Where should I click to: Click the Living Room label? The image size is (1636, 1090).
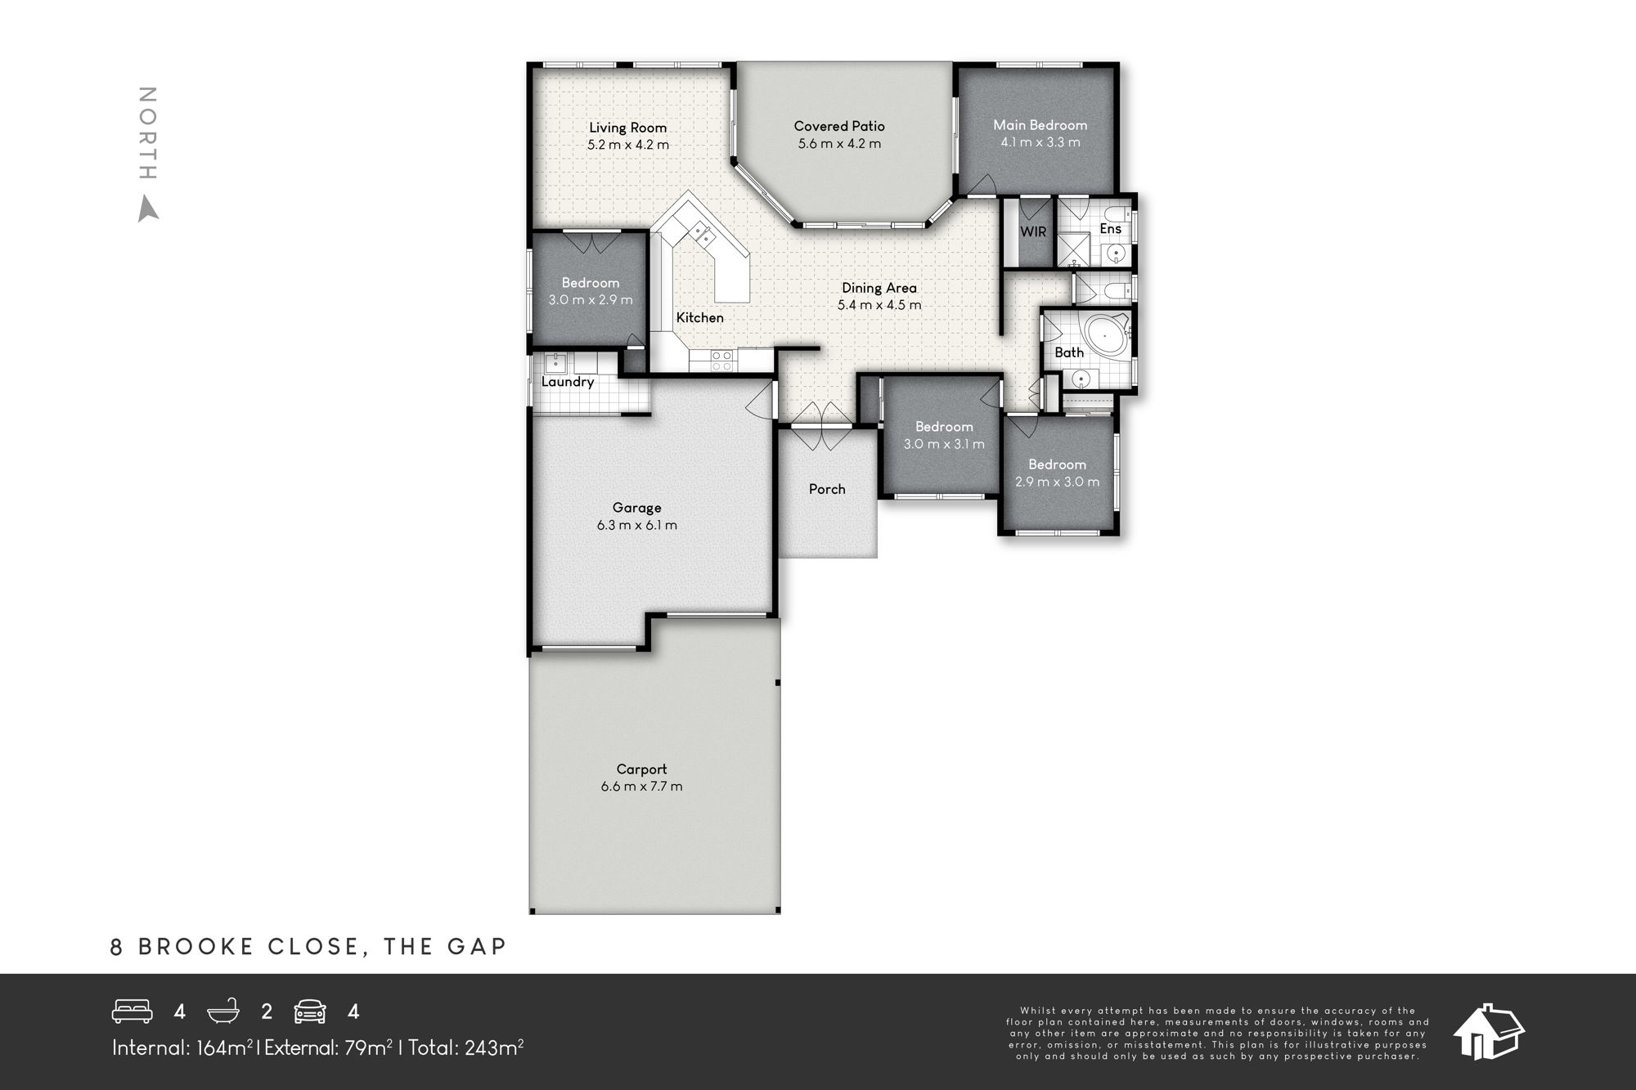coord(628,128)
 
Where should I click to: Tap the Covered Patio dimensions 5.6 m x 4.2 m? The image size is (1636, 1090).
coord(839,144)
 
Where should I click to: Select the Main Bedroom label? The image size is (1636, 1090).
coord(1040,125)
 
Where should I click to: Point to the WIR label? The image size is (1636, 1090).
coord(1033,231)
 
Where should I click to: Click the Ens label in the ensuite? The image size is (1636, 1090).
coord(1110,229)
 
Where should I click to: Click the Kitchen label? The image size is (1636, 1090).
coord(699,317)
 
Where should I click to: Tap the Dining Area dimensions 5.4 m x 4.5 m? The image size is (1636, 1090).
coord(879,305)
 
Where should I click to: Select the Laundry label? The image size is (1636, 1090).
coord(568,382)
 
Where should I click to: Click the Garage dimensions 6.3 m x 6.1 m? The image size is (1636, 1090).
coord(637,525)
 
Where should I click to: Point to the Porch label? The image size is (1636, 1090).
coord(827,489)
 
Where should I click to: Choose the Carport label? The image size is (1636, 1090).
coord(642,769)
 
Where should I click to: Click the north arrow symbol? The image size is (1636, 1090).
coord(148,209)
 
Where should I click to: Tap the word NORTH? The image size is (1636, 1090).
coord(147,133)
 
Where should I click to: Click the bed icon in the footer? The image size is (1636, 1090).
coord(133,1012)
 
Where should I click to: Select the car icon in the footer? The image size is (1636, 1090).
coord(310,1012)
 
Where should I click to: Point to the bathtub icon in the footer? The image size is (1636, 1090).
coord(223,1012)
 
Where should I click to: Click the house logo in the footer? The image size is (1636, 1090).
coord(1489,1031)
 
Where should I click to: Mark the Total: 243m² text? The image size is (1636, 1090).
coord(466,1047)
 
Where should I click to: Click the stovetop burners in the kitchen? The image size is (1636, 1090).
coord(721,360)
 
